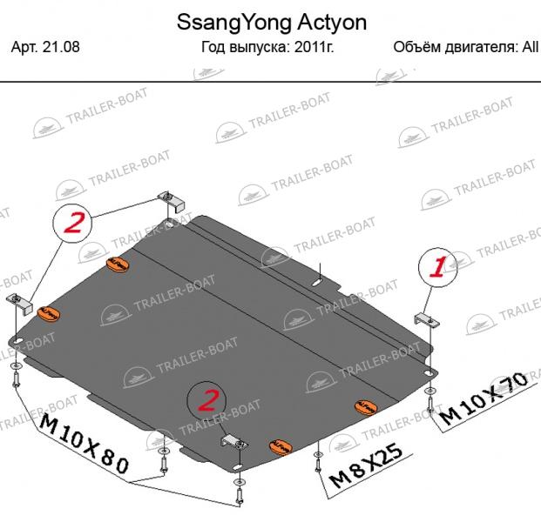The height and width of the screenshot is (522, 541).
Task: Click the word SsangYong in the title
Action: click(234, 23)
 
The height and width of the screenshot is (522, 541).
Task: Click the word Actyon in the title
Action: click(332, 23)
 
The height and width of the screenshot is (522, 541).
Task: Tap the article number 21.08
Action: click(61, 46)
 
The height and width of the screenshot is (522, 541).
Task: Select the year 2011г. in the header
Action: click(314, 46)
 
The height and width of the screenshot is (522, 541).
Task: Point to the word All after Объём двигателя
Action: click(531, 46)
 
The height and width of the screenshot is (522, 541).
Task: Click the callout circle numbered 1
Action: click(438, 267)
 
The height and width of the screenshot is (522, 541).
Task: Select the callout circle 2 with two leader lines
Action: click(72, 224)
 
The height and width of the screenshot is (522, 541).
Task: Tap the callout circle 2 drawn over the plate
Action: click(206, 401)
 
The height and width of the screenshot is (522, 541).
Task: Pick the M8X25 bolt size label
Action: click(366, 465)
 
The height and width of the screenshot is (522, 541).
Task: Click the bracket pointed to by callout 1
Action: click(427, 319)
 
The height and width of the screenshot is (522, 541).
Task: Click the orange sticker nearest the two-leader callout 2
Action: click(118, 264)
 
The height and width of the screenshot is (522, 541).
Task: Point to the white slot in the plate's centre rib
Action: click(317, 283)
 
